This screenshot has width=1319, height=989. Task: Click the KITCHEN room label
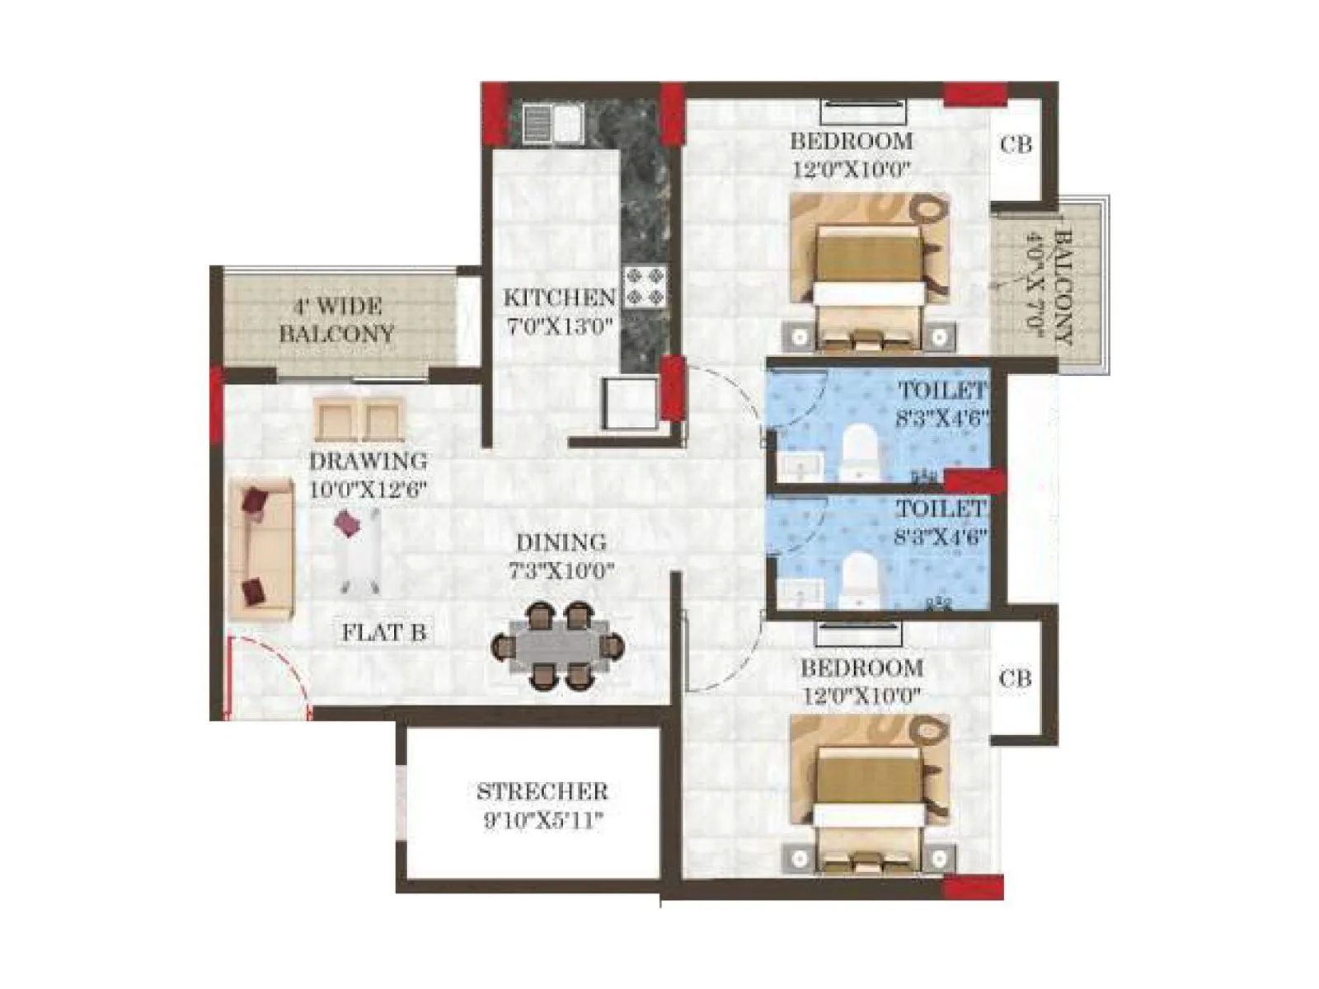click(559, 297)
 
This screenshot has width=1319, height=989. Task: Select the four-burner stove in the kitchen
click(645, 286)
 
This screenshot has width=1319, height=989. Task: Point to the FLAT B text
click(384, 633)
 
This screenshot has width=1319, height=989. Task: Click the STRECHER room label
click(542, 791)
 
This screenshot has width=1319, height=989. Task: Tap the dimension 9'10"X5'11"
click(542, 821)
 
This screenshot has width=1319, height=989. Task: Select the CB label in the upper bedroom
click(1016, 144)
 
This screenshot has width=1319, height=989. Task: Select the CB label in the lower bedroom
click(1015, 678)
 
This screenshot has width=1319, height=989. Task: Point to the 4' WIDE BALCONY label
click(336, 320)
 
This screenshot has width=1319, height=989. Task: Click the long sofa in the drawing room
click(261, 548)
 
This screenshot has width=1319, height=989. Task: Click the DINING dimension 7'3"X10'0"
click(561, 570)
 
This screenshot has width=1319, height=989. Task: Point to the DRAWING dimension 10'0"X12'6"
click(368, 490)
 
